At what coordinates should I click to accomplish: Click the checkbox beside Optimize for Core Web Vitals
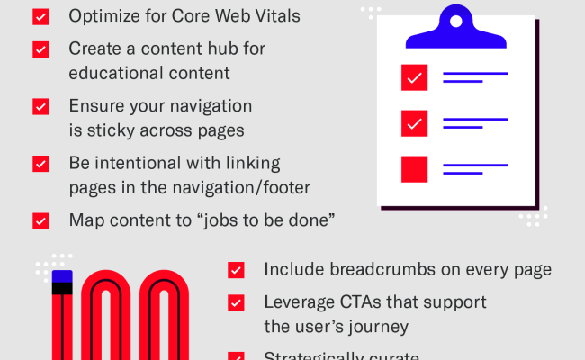[40, 16]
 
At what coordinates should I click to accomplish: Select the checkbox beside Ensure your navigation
[40, 106]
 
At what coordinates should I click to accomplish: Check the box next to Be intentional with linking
[40, 164]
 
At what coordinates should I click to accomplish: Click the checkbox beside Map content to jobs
[40, 220]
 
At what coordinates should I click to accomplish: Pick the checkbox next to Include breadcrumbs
[237, 269]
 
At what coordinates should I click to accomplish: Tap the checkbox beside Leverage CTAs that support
[237, 302]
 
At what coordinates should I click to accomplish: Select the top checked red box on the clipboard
[414, 78]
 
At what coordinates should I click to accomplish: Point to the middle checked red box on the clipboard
[414, 122]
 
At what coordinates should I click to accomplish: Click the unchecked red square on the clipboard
[414, 168]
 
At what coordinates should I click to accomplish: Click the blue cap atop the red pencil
[62, 276]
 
